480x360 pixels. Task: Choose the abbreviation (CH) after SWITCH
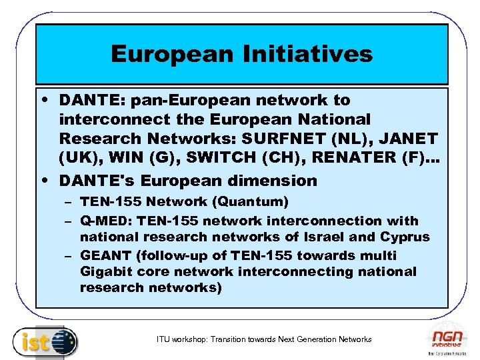[x=273, y=159]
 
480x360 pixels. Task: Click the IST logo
[x=45, y=341]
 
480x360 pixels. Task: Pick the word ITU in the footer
[x=163, y=339]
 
